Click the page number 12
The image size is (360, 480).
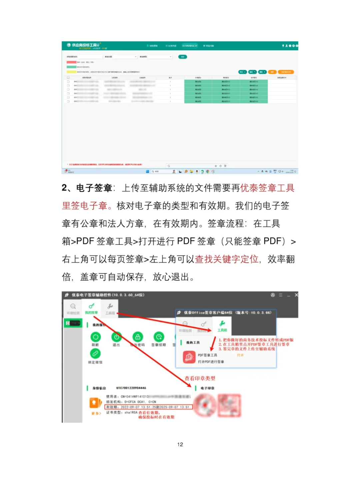point(180,444)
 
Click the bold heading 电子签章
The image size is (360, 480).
point(94,188)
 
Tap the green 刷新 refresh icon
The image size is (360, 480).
point(95,337)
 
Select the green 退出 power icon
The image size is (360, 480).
point(116,337)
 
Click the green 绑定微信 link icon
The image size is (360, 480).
point(95,353)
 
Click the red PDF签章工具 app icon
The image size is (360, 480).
point(189,357)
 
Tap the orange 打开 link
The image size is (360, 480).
point(240,355)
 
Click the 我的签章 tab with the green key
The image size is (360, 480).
point(91,308)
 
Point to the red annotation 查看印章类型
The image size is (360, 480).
point(200,378)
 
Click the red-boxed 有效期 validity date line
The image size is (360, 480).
point(148,407)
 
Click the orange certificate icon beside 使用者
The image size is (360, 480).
point(95,403)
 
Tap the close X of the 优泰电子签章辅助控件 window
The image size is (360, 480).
point(296,295)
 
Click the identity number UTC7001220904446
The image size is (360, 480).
point(131,388)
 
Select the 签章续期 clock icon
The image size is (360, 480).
point(159,337)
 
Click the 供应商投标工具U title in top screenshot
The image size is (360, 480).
point(85,45)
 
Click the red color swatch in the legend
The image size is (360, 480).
point(71,62)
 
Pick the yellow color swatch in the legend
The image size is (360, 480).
point(71,72)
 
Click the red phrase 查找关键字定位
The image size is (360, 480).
point(227,259)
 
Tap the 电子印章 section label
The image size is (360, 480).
point(207,388)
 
